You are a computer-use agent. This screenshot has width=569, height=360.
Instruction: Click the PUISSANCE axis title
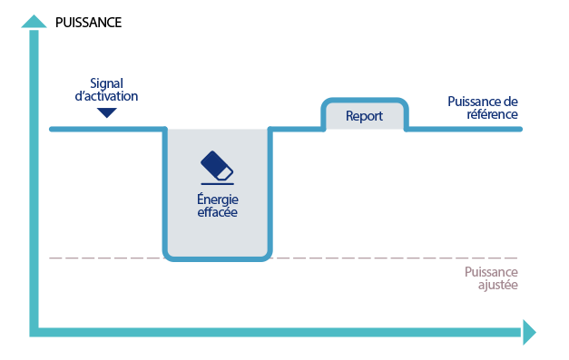point(88,23)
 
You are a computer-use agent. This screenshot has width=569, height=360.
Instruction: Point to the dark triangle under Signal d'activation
point(107,112)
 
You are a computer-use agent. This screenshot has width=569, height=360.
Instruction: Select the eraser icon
point(217,167)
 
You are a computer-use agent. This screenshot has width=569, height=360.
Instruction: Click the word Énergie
point(218,199)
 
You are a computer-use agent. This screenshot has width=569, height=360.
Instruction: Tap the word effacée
point(218,213)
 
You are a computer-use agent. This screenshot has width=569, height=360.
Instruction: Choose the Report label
point(365,116)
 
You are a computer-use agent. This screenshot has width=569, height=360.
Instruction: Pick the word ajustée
point(495,285)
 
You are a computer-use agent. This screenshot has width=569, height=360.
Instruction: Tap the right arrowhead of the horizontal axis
point(528,332)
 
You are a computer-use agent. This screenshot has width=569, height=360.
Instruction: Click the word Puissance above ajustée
point(490,271)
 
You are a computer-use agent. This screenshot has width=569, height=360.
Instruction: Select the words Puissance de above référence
point(483,101)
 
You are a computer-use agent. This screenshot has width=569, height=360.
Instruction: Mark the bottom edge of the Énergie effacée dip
point(218,258)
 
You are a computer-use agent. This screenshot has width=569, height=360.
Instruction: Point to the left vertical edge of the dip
point(165,190)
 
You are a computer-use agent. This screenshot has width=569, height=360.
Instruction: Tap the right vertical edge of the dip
point(270,190)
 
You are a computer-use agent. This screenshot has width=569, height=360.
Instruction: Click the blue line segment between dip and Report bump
point(298,129)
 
